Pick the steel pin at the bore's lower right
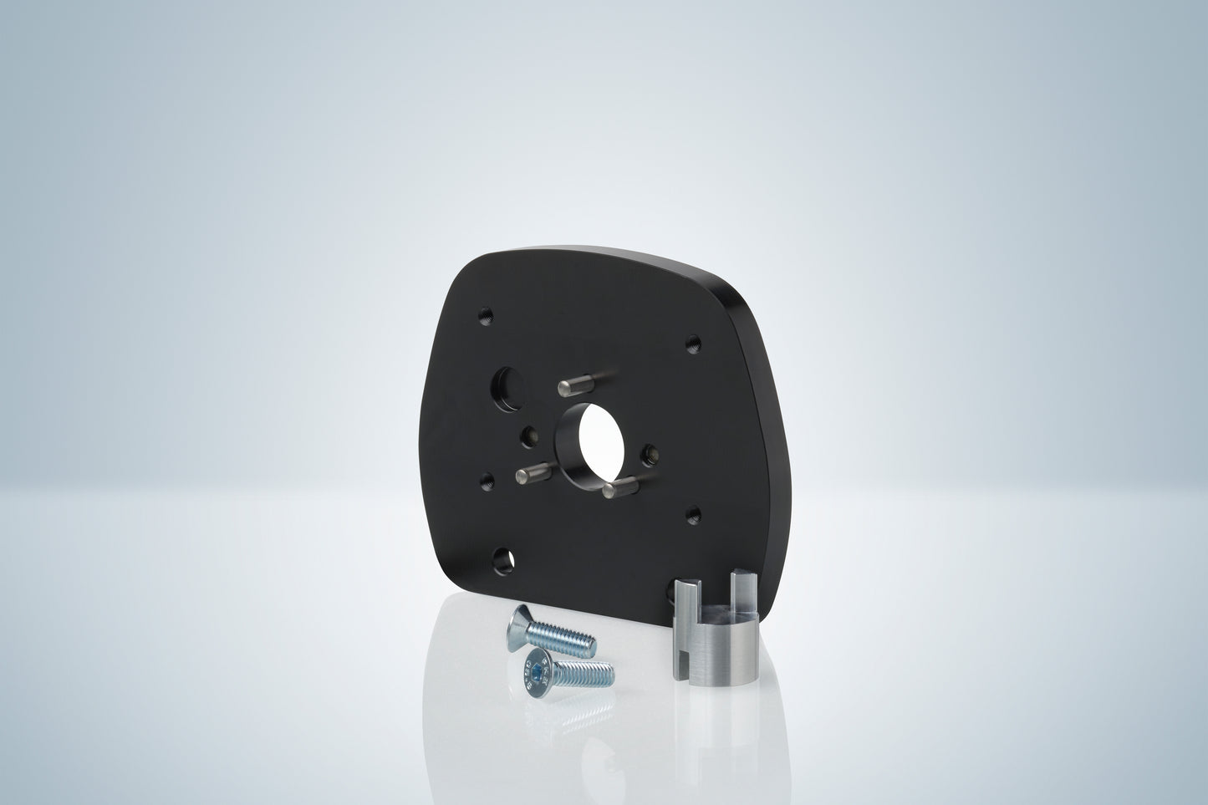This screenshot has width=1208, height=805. [620, 487]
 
